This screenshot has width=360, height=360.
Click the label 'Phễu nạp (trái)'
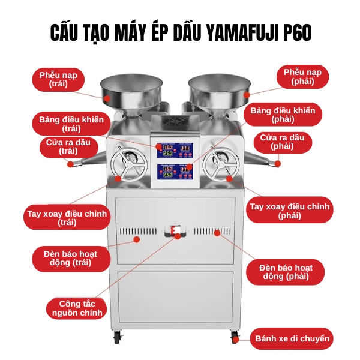[x=59, y=79]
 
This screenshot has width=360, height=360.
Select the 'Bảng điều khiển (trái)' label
[x=71, y=123]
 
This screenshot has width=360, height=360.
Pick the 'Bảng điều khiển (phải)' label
[x=283, y=115]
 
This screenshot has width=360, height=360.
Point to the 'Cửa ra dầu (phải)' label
[x=282, y=142]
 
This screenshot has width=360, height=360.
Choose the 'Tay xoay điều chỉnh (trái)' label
[x=67, y=218]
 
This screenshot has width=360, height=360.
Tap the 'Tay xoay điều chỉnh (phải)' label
[x=290, y=211]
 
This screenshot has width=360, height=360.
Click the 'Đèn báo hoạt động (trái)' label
[x=71, y=258]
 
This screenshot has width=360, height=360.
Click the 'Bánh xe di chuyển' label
[x=292, y=339]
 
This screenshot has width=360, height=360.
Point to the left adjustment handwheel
[x=128, y=163]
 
